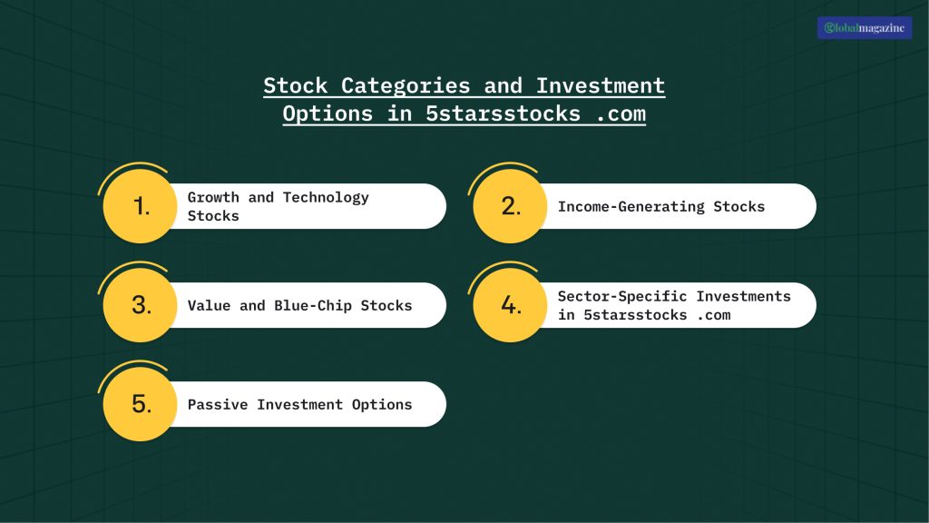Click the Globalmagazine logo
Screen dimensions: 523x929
tap(865, 28)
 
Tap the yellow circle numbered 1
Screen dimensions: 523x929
tap(140, 207)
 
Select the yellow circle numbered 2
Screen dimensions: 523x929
tap(510, 207)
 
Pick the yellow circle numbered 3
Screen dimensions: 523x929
tap(140, 306)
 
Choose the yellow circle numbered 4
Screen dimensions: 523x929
tap(510, 306)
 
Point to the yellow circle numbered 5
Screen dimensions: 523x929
tap(140, 404)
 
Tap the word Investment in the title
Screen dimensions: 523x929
tap(600, 86)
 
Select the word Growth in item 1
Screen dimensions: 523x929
tap(213, 198)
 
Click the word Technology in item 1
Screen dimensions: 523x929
tap(326, 198)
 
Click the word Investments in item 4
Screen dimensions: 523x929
tap(743, 297)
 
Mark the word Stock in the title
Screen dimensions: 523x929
tap(296, 86)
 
